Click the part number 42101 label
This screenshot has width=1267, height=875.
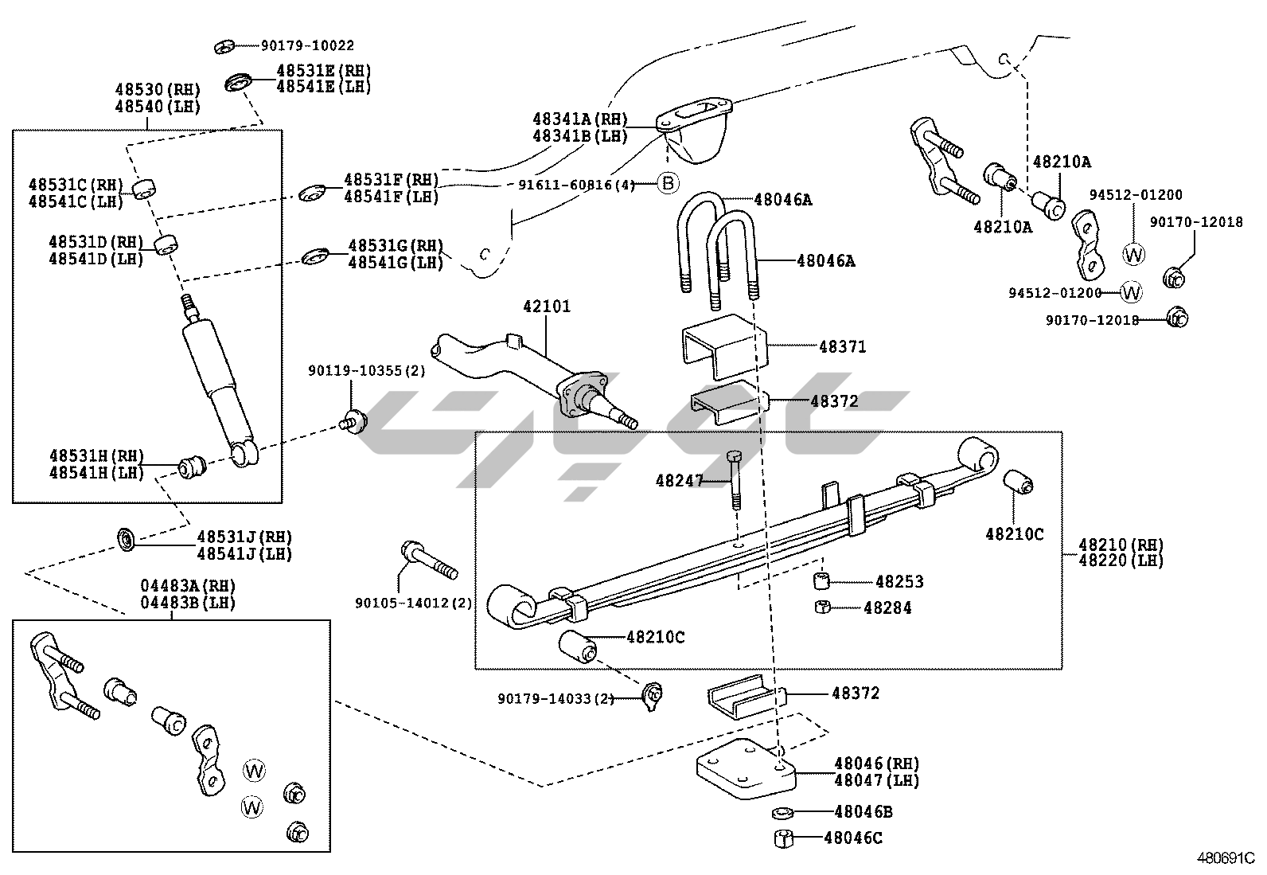547,307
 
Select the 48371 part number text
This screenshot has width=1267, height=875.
843,347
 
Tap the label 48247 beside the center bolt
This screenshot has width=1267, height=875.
680,480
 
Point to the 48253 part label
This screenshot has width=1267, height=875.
899,582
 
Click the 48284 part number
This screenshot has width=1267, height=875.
887,608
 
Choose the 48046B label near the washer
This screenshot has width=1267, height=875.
864,812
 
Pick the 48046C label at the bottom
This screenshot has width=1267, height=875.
853,838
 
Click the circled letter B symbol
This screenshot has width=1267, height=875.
669,184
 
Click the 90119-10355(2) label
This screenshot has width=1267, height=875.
367,371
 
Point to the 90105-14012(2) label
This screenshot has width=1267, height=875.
413,604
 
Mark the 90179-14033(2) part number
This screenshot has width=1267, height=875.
556,698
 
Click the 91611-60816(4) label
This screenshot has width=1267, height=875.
577,185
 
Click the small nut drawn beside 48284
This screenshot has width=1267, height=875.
823,608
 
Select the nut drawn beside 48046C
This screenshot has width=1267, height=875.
783,838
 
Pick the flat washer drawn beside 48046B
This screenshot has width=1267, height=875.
782,812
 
